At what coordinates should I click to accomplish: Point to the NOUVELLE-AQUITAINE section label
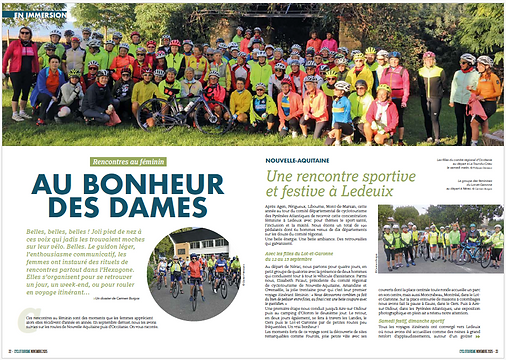click(x=301, y=159)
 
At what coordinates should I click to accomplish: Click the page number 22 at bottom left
click(x=7, y=352)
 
